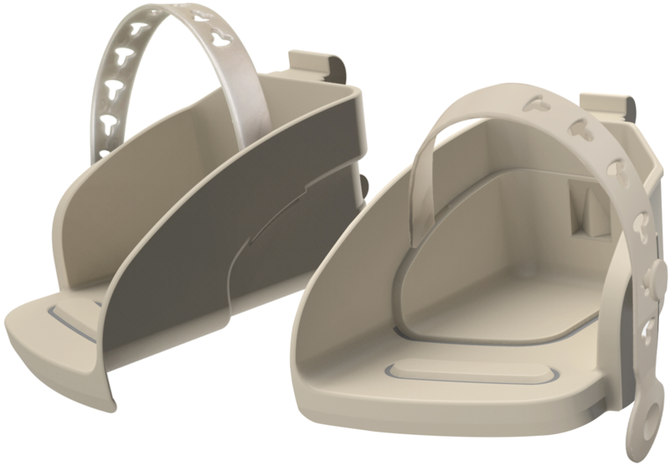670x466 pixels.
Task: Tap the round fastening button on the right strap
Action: [x=657, y=273]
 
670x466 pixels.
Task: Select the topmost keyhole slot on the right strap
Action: [x=533, y=106]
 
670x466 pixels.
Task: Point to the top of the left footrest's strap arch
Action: [x=180, y=13]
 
